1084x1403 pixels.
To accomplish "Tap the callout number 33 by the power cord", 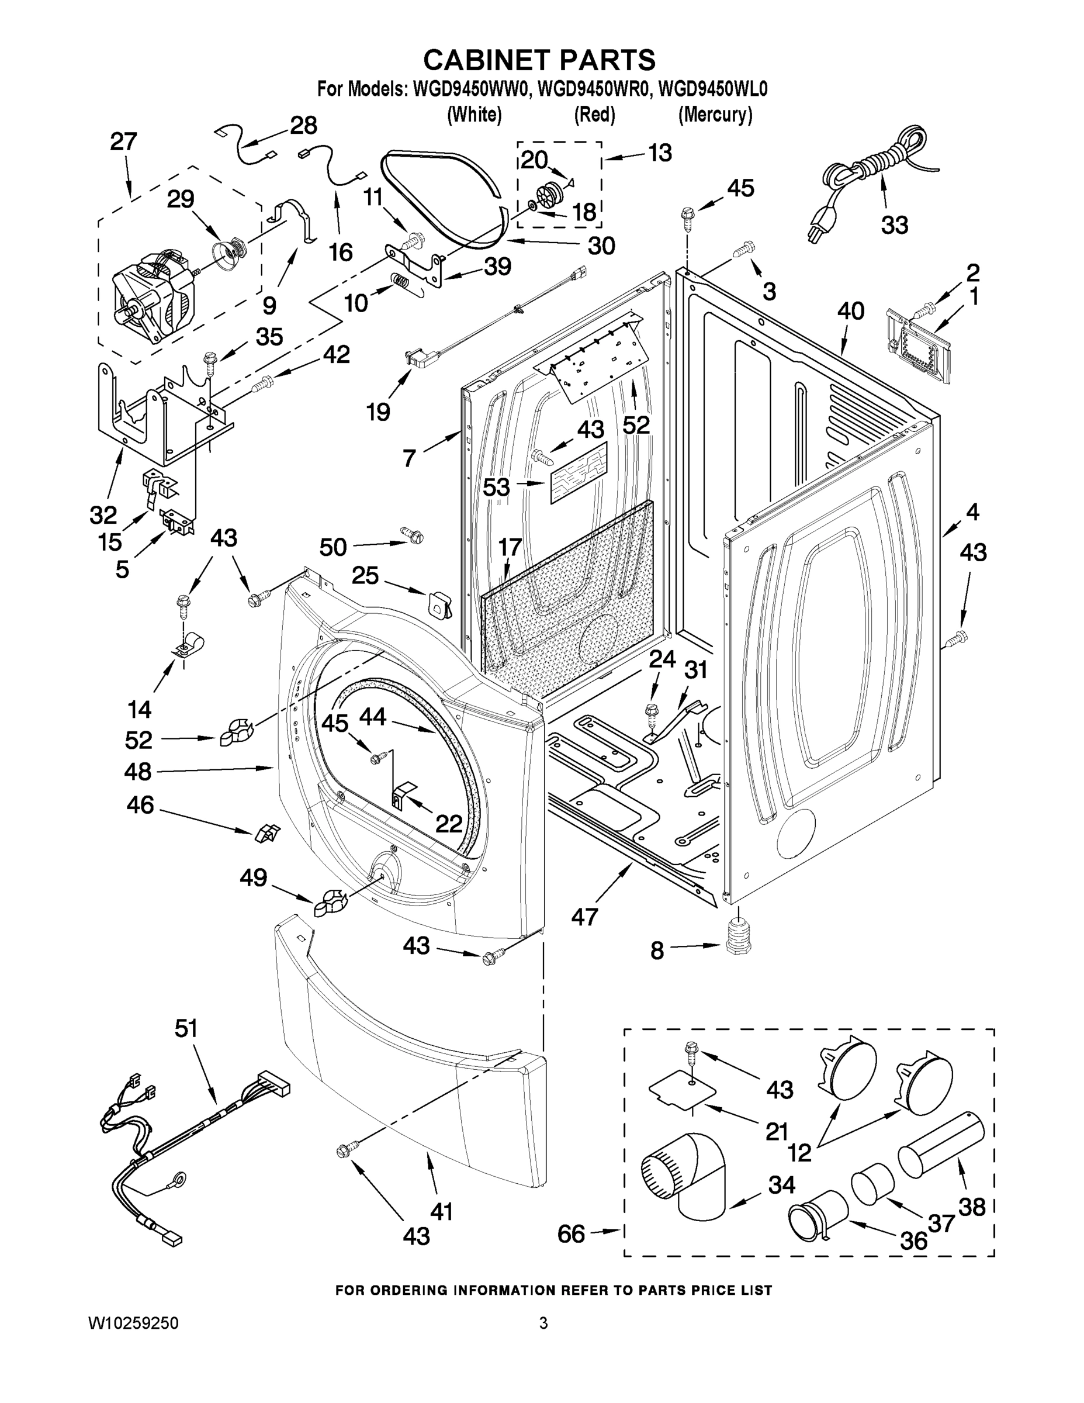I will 894,225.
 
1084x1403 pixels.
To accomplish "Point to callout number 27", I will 123,141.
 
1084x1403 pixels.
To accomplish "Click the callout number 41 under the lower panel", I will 441,1211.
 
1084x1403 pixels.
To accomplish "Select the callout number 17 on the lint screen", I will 510,547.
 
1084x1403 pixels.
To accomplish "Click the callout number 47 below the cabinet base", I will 585,917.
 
